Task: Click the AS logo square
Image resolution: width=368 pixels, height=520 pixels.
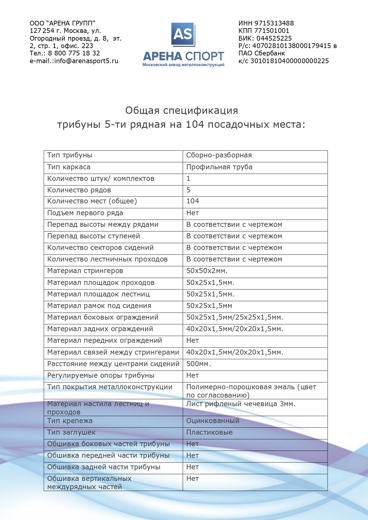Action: [x=183, y=34]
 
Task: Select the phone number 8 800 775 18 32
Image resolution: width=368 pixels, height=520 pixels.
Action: [x=74, y=53]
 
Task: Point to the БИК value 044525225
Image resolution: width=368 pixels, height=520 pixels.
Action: [x=274, y=38]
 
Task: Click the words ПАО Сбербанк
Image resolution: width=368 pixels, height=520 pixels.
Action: [x=262, y=53]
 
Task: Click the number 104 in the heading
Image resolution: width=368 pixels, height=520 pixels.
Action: [x=195, y=125]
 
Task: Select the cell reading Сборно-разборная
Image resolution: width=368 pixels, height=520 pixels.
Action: [x=219, y=155]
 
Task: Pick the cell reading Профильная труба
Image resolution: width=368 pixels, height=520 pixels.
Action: [x=219, y=167]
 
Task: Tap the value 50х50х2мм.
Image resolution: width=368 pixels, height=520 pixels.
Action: [x=207, y=271]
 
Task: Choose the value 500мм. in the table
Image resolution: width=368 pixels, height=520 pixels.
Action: [x=198, y=364]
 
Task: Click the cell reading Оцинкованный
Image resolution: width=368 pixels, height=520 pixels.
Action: [x=213, y=421]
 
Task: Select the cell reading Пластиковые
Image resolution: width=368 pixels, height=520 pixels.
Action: [x=209, y=432]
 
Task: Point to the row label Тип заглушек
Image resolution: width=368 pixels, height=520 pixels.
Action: [x=71, y=432]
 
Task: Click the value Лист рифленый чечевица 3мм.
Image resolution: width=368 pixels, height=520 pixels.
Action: [x=240, y=404]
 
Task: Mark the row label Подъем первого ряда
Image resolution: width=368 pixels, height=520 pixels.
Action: [x=85, y=213]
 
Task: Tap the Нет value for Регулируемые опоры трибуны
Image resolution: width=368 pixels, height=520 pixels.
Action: [x=192, y=375]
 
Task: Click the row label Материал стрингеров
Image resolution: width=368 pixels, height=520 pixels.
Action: [x=85, y=271]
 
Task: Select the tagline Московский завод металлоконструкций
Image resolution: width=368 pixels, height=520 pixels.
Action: [x=183, y=65]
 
